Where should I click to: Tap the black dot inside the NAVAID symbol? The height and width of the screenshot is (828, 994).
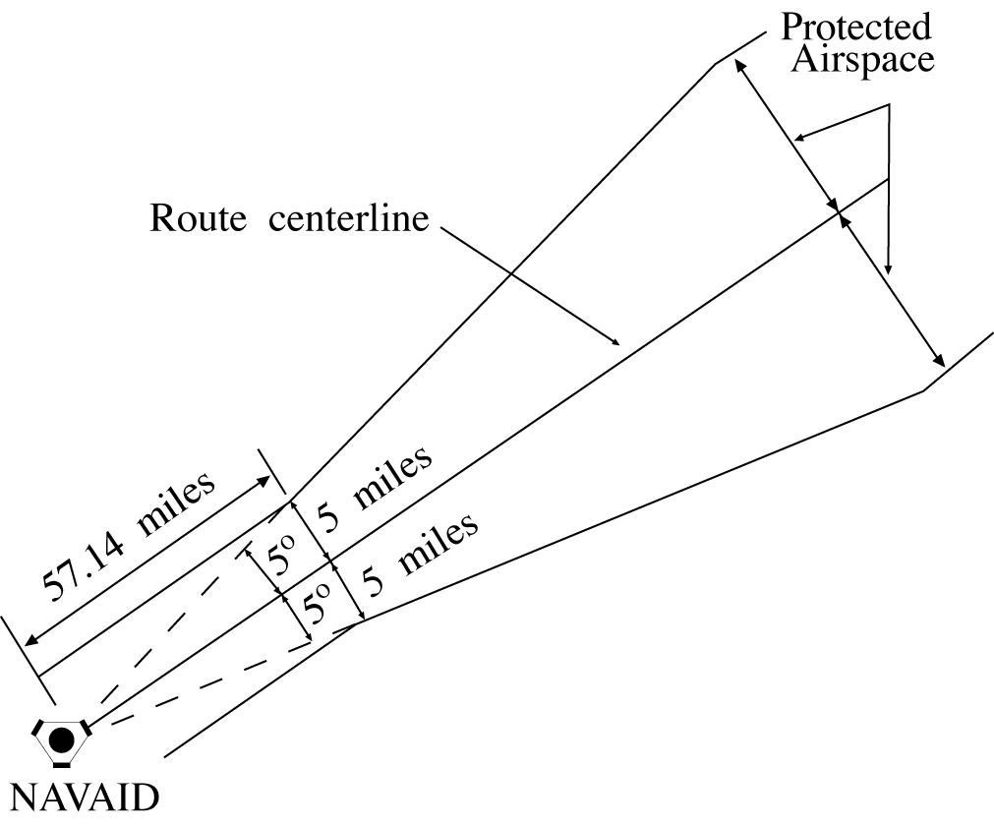tap(61, 739)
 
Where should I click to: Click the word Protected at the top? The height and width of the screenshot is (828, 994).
tap(855, 27)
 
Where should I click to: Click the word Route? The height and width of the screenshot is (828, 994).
tap(197, 217)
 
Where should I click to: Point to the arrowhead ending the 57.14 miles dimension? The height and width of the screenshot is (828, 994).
tap(266, 479)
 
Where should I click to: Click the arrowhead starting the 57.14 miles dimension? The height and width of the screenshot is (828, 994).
tap(30, 641)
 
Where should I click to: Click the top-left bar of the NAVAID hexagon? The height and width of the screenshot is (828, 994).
tap(38, 729)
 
